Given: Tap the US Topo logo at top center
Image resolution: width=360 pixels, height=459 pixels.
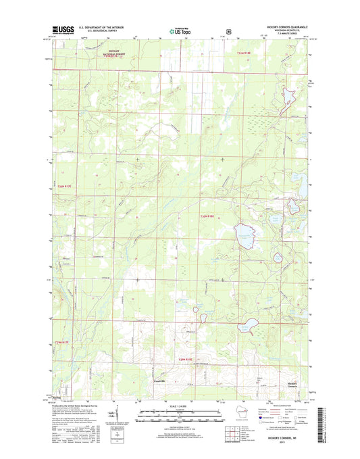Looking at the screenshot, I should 180,30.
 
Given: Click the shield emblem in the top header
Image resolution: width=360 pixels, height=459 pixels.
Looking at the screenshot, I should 230,30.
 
